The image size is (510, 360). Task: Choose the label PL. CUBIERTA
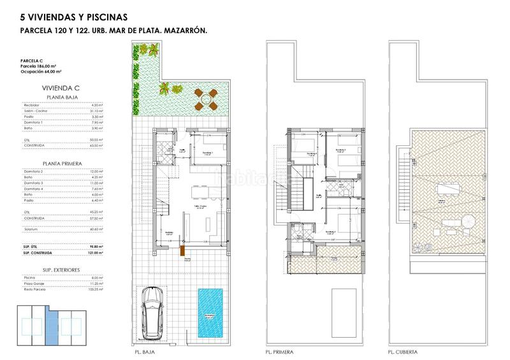click(403, 351)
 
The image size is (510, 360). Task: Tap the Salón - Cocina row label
click(35, 111)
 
